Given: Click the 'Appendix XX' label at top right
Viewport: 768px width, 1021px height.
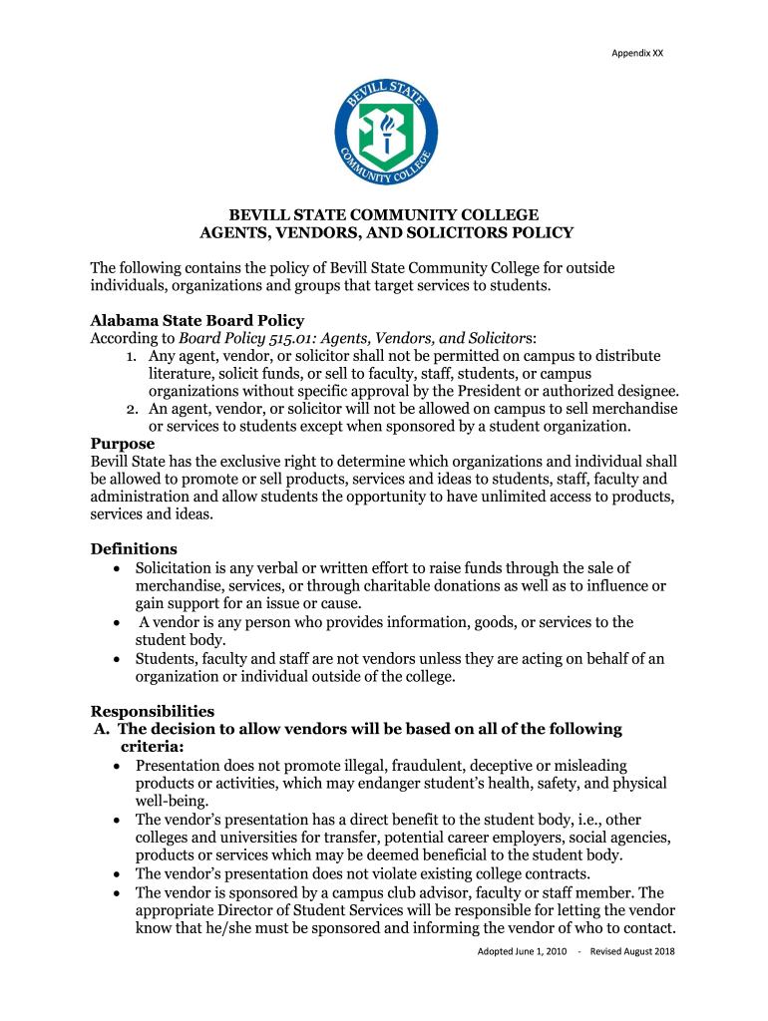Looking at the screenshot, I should pyautogui.click(x=636, y=53).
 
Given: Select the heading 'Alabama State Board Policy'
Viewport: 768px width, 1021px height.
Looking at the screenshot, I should pyautogui.click(x=197, y=320).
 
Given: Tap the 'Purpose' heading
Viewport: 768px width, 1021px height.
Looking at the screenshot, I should pyautogui.click(x=123, y=444).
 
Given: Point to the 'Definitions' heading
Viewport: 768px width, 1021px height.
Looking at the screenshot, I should pyautogui.click(x=134, y=548).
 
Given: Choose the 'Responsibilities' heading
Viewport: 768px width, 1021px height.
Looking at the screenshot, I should pyautogui.click(x=153, y=711).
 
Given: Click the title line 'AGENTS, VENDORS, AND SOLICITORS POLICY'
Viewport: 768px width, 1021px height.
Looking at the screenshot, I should pyautogui.click(x=387, y=233).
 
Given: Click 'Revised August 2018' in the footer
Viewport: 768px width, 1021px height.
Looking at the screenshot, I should pyautogui.click(x=632, y=951).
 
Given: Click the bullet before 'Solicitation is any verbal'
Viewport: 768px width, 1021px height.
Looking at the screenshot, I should pyautogui.click(x=118, y=568).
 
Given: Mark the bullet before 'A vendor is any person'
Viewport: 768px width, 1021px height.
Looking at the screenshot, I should pyautogui.click(x=118, y=623).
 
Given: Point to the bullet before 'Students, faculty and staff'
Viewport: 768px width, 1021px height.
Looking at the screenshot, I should pyautogui.click(x=118, y=659).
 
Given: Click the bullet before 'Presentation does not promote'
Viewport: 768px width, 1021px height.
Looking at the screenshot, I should pyautogui.click(x=118, y=766).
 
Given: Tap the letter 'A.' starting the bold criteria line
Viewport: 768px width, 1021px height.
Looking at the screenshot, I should pyautogui.click(x=102, y=729).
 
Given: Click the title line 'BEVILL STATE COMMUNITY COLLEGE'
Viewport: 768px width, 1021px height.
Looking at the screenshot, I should pyautogui.click(x=385, y=214).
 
